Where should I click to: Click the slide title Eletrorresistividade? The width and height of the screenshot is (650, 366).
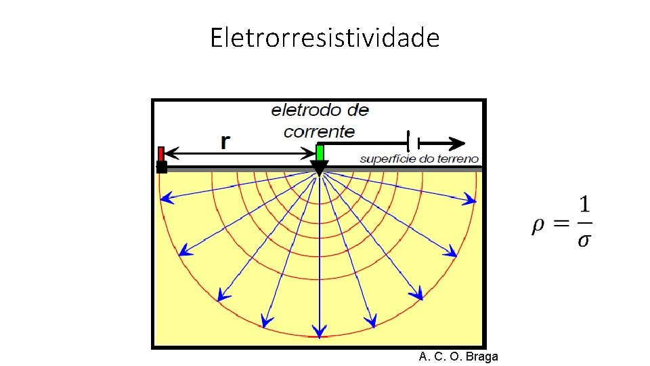coord(324,38)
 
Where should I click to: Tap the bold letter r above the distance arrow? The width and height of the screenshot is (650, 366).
coord(225,141)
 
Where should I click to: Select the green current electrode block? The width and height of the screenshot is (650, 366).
coord(320,152)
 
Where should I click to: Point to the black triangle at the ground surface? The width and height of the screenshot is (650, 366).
coord(319,168)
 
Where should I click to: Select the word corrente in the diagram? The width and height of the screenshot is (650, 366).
coord(319,131)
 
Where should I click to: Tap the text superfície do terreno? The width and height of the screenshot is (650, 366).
coord(419,159)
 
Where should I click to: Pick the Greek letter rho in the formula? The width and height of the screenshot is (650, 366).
coord(538,226)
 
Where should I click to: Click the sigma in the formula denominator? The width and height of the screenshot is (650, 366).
coord(584,241)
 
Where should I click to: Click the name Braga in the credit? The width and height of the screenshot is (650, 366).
coord(482,357)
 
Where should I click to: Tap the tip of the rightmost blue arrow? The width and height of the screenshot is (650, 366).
coord(476,201)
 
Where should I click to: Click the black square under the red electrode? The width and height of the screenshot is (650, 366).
coord(162,167)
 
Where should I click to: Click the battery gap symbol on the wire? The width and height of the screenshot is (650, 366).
coord(414,143)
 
